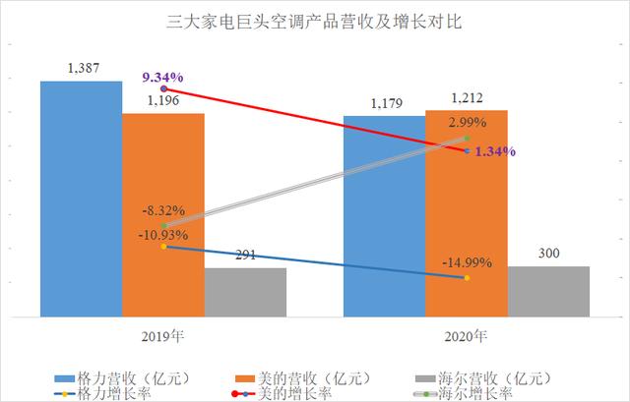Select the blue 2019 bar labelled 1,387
coord(81,197)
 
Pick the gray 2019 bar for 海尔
coord(245,292)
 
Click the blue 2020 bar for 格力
coord(384,216)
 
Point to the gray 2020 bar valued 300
coord(548,291)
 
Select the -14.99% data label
coord(467,262)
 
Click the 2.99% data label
coord(467,123)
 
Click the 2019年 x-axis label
coord(163,334)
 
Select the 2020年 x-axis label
coord(466,334)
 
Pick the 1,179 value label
coord(384,102)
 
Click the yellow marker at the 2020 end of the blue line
coord(467,278)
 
